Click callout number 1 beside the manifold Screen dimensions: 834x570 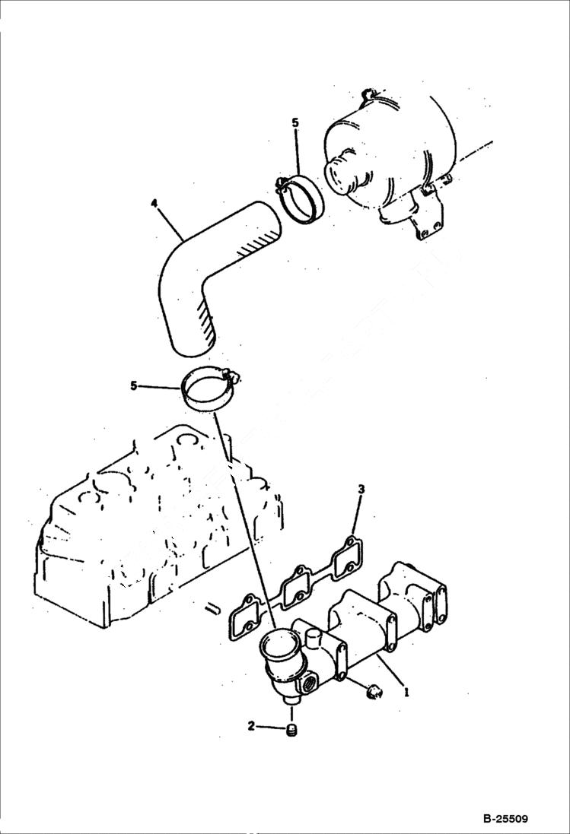(407, 693)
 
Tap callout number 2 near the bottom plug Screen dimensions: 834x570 (252, 726)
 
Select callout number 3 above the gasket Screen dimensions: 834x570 (361, 490)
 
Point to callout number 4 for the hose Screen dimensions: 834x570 (154, 204)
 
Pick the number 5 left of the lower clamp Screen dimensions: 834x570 (134, 386)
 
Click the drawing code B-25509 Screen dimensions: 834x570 (505, 819)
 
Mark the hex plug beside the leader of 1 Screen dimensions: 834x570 (373, 690)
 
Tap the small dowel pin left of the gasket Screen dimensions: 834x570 (214, 607)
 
